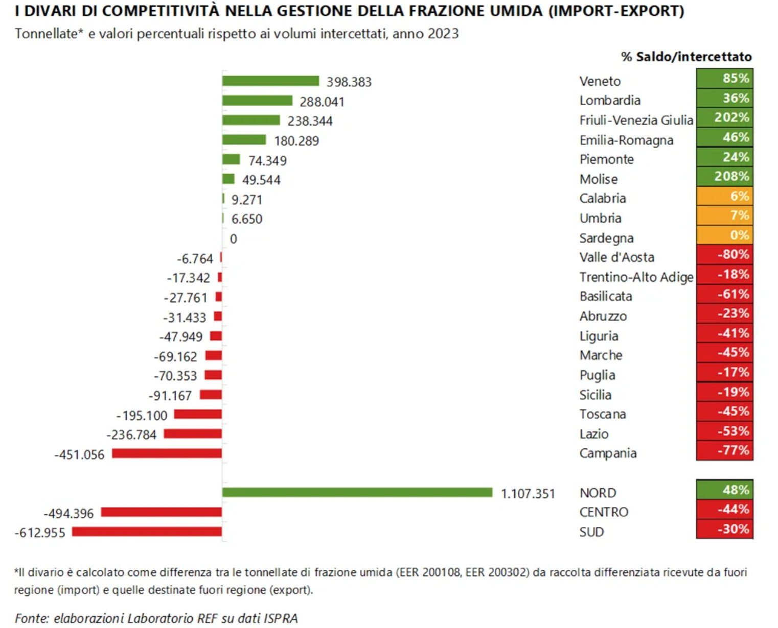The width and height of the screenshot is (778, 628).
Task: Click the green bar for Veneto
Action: pyautogui.click(x=270, y=81)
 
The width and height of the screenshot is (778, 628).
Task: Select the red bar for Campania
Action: pyautogui.click(x=167, y=453)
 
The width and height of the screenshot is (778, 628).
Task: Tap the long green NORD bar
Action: pyautogui.click(x=357, y=493)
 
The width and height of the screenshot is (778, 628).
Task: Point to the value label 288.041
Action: pyautogui.click(x=322, y=102)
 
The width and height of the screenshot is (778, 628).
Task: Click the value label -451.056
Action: pyautogui.click(x=79, y=454)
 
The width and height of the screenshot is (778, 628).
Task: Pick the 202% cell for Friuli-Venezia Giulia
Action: pyautogui.click(x=724, y=118)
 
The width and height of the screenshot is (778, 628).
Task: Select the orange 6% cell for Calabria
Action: pyautogui.click(x=724, y=197)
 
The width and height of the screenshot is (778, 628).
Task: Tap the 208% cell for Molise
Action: pyautogui.click(x=724, y=177)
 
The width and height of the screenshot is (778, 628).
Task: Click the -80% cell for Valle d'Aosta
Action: pyautogui.click(x=724, y=255)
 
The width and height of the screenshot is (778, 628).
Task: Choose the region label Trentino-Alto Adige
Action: pyautogui.click(x=636, y=277)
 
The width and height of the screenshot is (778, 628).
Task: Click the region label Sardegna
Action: pyautogui.click(x=606, y=238)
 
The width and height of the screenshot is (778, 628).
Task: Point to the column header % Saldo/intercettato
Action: pyautogui.click(x=687, y=57)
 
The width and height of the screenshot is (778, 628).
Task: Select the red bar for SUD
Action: pyautogui.click(x=147, y=532)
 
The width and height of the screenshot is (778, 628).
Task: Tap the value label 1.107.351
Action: pyautogui.click(x=528, y=494)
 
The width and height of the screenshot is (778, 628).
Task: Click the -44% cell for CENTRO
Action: pyautogui.click(x=724, y=510)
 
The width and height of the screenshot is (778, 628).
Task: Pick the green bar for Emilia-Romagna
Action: pyautogui.click(x=244, y=140)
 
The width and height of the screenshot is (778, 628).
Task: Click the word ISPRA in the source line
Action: pyautogui.click(x=281, y=618)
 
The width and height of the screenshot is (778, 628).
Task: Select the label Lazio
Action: pyautogui.click(x=594, y=434)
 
